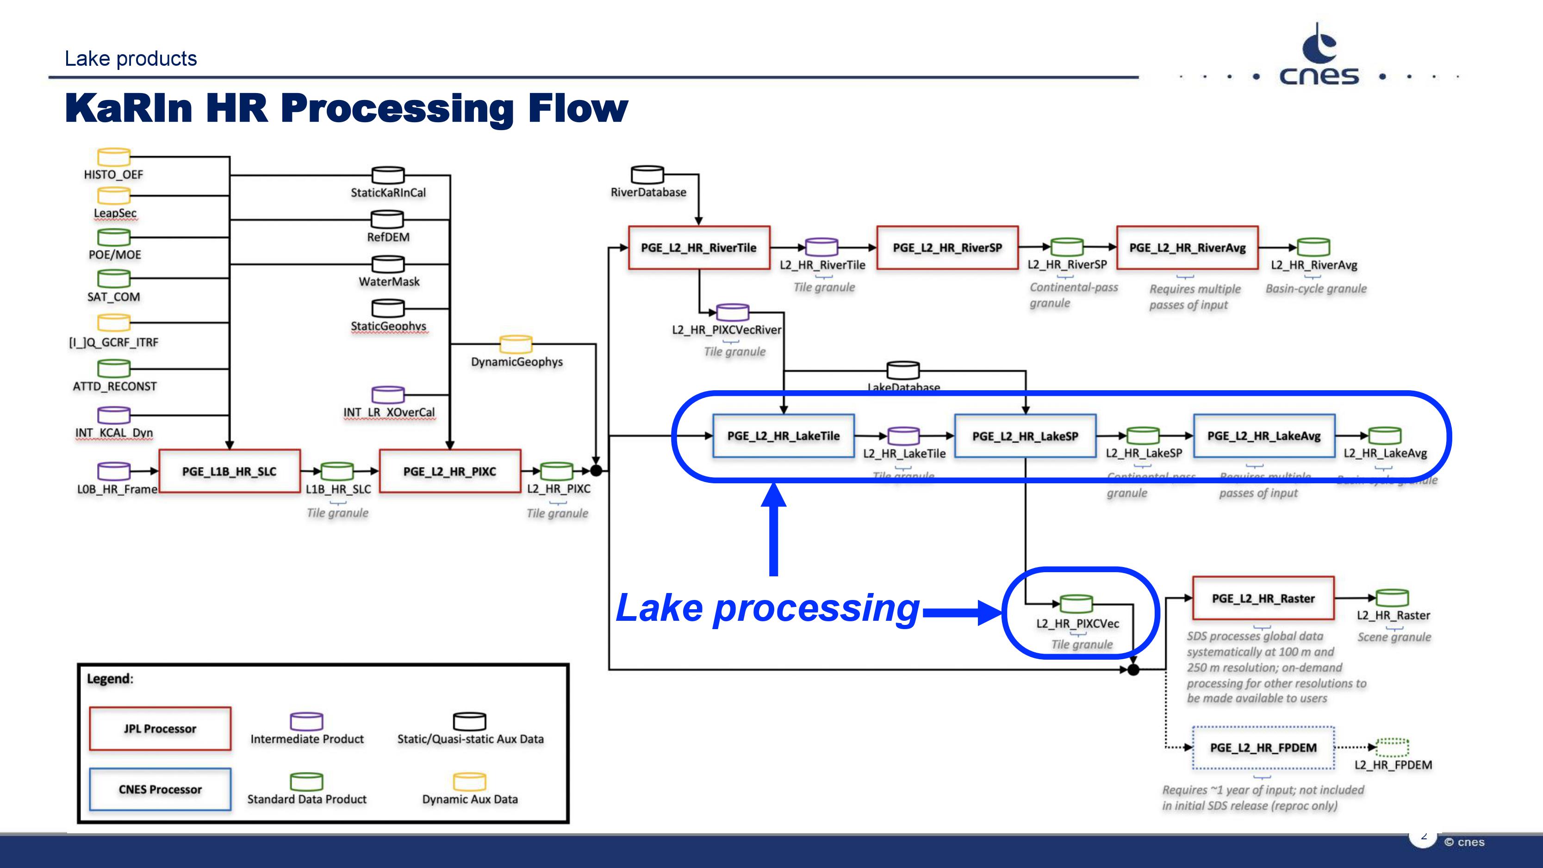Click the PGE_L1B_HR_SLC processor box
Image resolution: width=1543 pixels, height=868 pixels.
(x=230, y=471)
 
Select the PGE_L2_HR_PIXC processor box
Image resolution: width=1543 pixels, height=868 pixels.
(x=450, y=471)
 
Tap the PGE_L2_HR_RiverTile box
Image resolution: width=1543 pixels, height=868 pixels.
(x=698, y=247)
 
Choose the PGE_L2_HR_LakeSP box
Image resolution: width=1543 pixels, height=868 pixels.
(x=1025, y=436)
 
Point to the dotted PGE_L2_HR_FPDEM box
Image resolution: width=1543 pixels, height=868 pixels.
(x=1263, y=748)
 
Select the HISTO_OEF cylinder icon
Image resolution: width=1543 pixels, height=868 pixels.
(x=114, y=157)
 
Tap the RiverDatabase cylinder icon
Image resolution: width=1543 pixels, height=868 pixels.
(x=647, y=175)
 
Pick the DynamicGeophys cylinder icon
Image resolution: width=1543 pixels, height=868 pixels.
(x=516, y=344)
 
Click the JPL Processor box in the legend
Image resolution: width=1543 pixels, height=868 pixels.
(x=160, y=728)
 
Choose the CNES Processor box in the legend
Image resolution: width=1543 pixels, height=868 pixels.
(x=160, y=789)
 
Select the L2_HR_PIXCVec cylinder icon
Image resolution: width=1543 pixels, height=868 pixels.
(x=1076, y=604)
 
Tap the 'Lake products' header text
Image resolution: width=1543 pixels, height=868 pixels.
(x=131, y=59)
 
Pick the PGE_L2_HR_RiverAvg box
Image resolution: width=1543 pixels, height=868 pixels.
(x=1187, y=247)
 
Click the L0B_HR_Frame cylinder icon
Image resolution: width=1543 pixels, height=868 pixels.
(x=114, y=471)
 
